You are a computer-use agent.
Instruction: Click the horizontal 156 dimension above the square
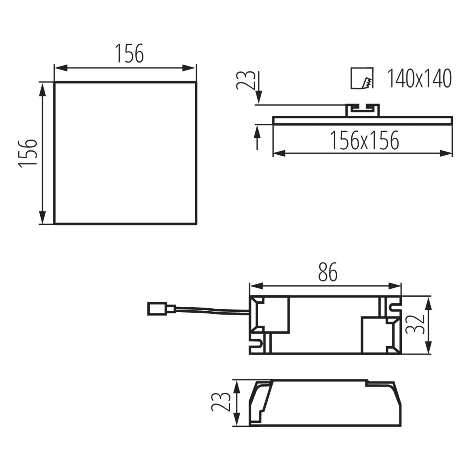point(129,54)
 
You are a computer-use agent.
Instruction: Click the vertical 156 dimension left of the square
point(28,152)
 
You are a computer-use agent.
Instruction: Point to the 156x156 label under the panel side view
point(364,141)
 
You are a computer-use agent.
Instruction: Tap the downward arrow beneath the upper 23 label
point(258,96)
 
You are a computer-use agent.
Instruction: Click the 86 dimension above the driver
point(328,272)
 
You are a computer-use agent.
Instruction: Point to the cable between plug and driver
point(211,311)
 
